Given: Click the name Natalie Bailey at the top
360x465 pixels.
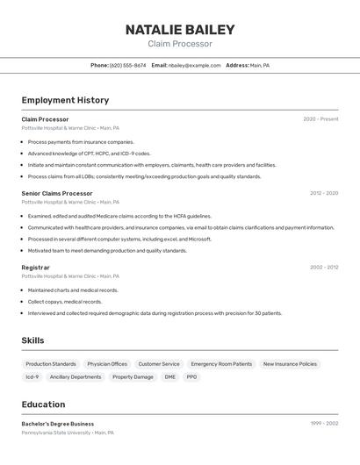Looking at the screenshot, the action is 180,29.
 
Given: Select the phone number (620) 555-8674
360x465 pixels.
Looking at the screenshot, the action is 128,65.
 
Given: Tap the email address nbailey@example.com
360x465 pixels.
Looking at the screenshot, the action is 194,65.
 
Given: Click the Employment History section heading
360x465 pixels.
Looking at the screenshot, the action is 65,100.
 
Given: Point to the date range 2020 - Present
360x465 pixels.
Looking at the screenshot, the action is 320,118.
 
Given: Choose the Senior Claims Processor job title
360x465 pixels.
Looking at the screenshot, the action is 57,193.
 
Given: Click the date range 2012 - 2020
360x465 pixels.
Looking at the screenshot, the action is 323,193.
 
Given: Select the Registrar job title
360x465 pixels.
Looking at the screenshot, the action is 36,267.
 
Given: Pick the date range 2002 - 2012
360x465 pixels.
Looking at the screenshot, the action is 323,267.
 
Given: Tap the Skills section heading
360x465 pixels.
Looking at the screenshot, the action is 32,340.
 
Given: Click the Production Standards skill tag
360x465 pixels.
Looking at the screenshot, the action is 51,364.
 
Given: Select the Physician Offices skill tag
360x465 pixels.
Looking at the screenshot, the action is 107,364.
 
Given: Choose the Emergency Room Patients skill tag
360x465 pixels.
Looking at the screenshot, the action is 221,364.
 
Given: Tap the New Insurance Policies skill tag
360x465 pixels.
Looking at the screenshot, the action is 290,364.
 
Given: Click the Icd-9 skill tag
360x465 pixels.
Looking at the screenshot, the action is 32,377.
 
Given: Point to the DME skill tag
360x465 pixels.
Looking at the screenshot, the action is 169,377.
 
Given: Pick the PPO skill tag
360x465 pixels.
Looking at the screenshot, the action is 191,377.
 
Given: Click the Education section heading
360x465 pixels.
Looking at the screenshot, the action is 43,404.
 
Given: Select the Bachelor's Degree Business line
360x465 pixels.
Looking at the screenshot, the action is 58,424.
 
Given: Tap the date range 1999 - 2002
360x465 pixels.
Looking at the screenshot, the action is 324,424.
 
